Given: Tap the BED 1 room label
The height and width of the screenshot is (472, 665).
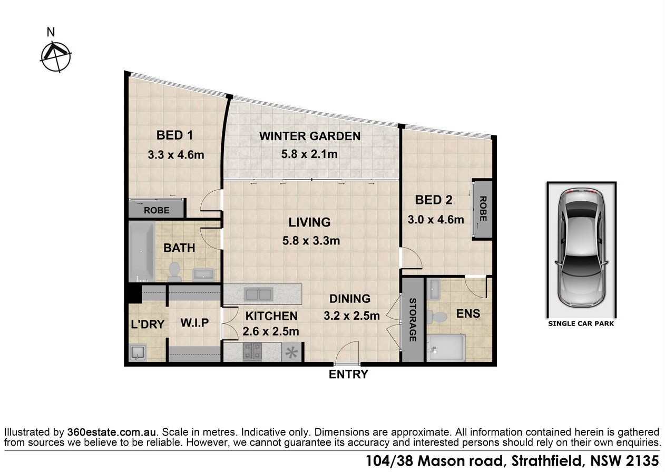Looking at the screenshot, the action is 174,135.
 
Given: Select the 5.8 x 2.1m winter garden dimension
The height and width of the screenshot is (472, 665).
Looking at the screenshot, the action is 309,154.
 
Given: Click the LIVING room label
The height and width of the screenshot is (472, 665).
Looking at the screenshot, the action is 310,222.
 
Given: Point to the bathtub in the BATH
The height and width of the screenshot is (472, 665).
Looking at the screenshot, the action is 142,252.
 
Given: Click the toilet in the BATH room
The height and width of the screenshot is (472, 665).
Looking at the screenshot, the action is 174,272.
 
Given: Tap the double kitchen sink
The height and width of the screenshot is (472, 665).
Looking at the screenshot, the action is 259,294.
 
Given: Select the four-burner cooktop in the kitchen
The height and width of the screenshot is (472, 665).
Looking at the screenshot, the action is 252,352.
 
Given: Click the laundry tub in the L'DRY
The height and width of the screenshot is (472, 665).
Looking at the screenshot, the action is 138,352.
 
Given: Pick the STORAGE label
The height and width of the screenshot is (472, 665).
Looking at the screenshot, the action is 413,320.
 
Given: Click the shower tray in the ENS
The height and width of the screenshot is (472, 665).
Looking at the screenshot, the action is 446,348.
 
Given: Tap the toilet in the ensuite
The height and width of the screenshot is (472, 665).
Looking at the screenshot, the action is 437,317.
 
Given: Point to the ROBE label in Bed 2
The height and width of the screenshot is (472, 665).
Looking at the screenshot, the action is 483,209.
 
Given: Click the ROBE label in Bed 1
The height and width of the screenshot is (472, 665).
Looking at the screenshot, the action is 157,210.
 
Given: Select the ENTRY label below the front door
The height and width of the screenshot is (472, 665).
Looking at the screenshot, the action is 348,375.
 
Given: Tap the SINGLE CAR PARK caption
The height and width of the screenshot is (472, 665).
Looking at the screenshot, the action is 581,323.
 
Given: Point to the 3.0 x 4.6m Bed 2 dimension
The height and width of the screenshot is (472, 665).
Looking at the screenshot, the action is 435,220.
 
